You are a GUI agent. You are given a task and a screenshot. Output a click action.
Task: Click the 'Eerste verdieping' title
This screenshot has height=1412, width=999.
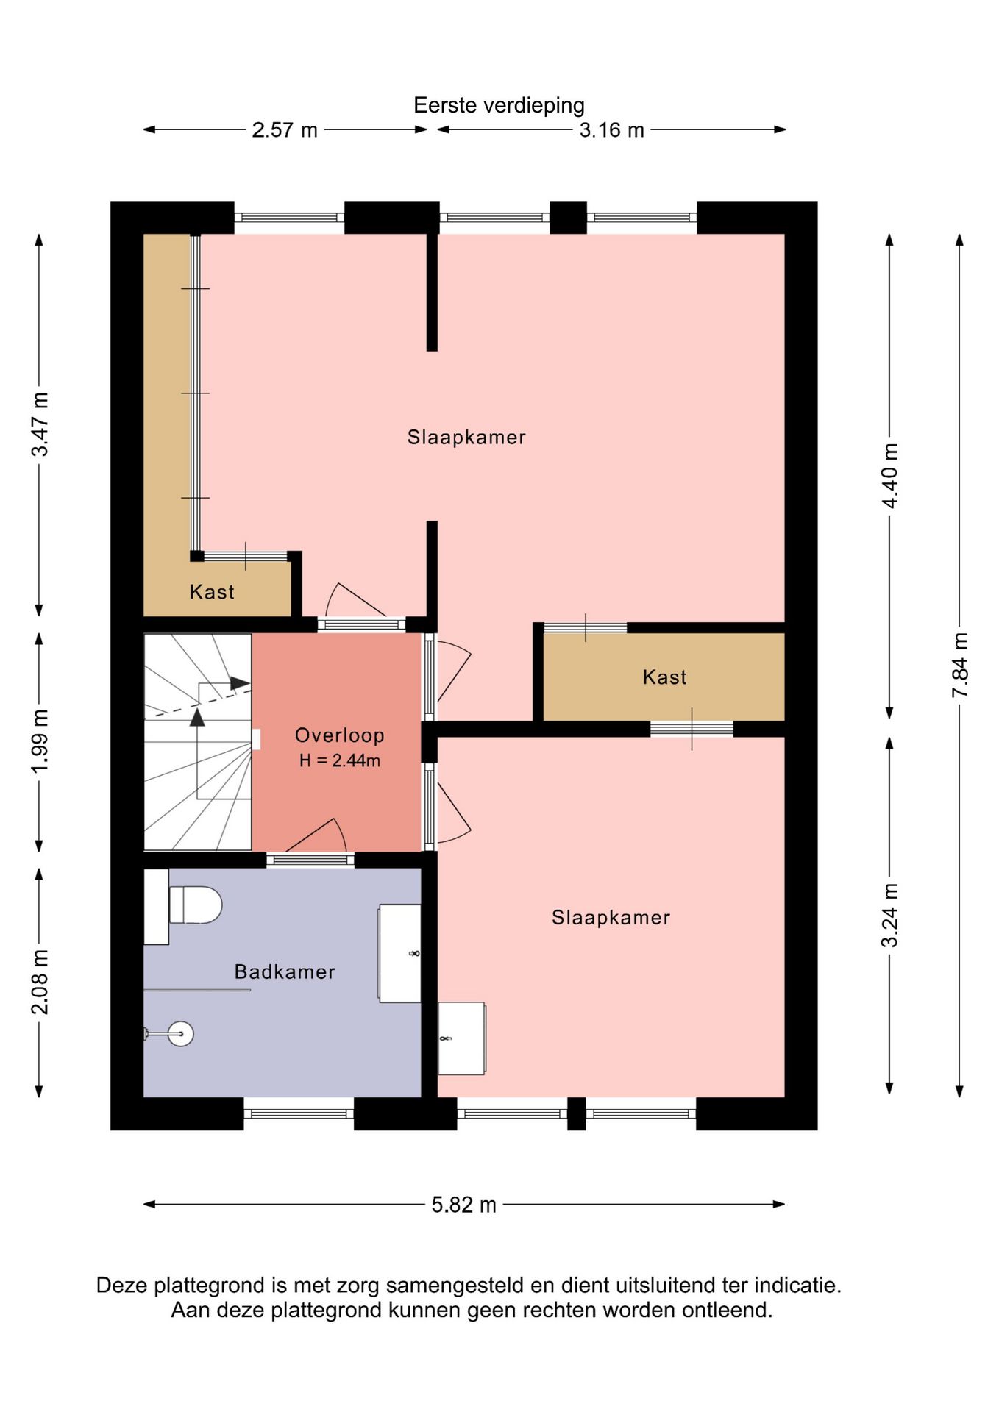pyautogui.click(x=499, y=105)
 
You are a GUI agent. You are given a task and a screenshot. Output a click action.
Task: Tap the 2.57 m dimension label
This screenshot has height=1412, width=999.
pyautogui.click(x=285, y=130)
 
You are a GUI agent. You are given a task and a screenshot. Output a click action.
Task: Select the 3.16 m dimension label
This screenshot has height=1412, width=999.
pyautogui.click(x=611, y=130)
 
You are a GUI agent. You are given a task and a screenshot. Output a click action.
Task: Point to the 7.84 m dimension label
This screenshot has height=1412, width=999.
pyautogui.click(x=960, y=665)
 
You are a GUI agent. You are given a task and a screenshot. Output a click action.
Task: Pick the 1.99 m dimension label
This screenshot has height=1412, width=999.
pyautogui.click(x=40, y=741)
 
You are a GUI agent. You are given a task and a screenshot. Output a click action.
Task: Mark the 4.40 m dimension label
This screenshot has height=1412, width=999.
pyautogui.click(x=890, y=476)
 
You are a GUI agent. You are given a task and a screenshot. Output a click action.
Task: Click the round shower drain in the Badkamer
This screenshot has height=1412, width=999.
pyautogui.click(x=179, y=1034)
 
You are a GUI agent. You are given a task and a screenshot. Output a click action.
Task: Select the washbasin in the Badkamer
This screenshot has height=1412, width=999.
pyautogui.click(x=399, y=953)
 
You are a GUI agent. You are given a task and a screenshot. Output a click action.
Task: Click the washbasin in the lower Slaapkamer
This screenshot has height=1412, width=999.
pyautogui.click(x=461, y=1038)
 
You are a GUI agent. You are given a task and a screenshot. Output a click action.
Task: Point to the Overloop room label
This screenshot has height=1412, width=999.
pyautogui.click(x=340, y=735)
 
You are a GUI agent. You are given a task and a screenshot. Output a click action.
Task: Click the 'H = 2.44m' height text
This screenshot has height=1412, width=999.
pyautogui.click(x=340, y=760)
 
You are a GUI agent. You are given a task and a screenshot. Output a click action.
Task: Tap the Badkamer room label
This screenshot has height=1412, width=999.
pyautogui.click(x=285, y=971)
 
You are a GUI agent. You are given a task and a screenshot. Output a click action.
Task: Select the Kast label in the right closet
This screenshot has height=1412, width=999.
pyautogui.click(x=664, y=677)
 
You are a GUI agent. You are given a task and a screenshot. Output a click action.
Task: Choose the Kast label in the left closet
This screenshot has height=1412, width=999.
pyautogui.click(x=212, y=592)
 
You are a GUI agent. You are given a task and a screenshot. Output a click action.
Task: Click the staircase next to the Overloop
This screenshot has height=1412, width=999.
pyautogui.click(x=197, y=742)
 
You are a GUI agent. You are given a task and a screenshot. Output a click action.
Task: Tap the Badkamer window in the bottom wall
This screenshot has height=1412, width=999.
pyautogui.click(x=299, y=1113)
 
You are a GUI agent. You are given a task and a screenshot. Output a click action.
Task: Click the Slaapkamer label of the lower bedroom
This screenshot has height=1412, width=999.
pyautogui.click(x=611, y=917)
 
